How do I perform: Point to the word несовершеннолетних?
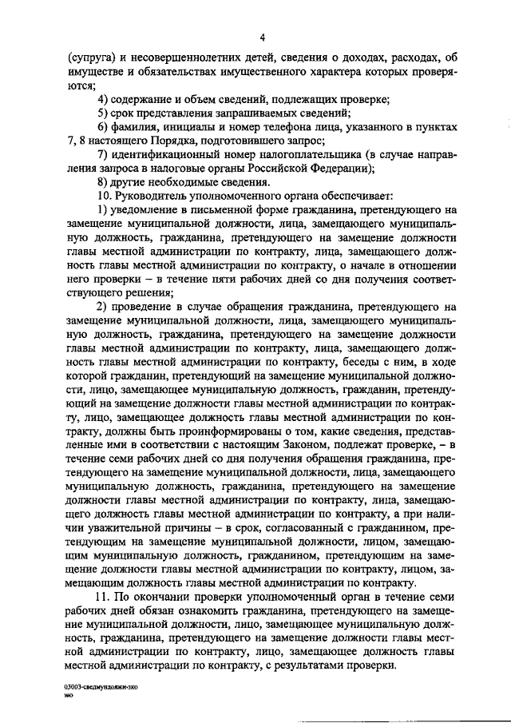click(x=198, y=58)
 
